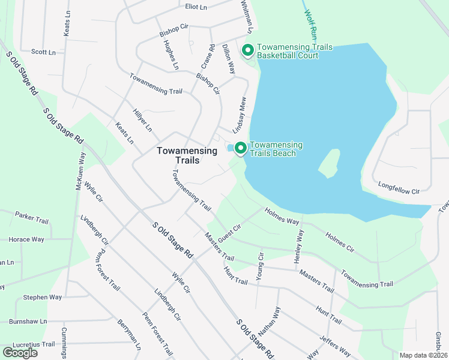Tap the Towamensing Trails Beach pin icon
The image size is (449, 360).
pyautogui.click(x=241, y=148)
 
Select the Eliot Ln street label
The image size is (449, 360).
pyautogui.click(x=196, y=7)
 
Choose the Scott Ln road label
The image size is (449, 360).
pyautogui.click(x=43, y=52)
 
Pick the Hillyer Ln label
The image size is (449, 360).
pyautogui.click(x=142, y=121)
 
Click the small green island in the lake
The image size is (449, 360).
pyautogui.click(x=330, y=163)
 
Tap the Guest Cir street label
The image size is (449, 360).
pyautogui.click(x=229, y=233)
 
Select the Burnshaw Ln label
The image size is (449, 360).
pyautogui.click(x=28, y=321)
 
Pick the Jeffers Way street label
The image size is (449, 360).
pyautogui.click(x=336, y=346)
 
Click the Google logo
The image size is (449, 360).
pyautogui.click(x=20, y=352)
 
